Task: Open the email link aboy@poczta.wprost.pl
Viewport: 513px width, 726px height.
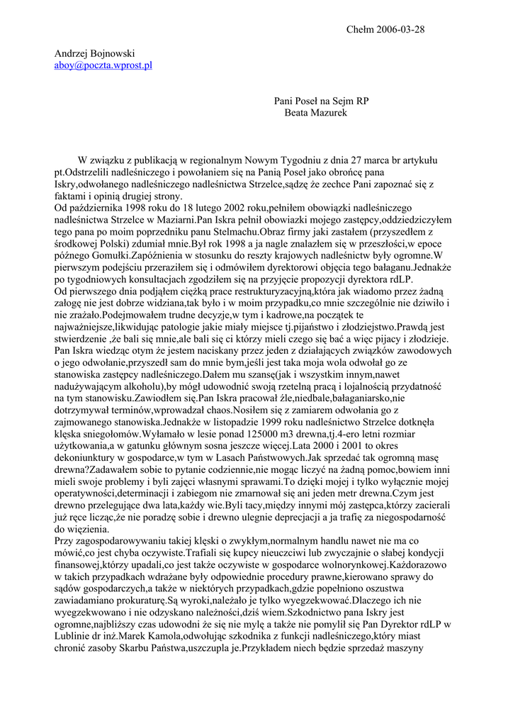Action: pos(103,65)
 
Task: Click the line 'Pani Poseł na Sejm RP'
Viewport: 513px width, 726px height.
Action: pos(322,101)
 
